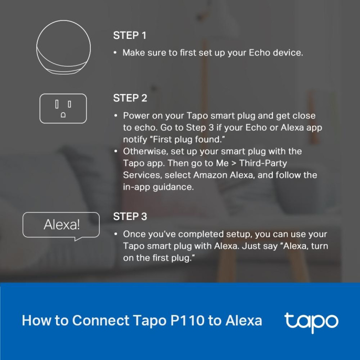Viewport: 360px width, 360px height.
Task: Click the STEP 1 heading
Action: click(x=130, y=36)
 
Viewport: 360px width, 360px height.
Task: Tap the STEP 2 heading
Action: click(x=130, y=98)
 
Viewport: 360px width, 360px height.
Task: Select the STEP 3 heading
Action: click(x=130, y=217)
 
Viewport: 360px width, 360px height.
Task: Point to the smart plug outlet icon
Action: click(x=63, y=109)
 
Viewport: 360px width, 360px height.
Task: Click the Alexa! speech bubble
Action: click(x=61, y=226)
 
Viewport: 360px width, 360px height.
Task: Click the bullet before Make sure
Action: click(x=115, y=53)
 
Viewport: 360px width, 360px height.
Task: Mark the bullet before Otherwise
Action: click(x=115, y=151)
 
